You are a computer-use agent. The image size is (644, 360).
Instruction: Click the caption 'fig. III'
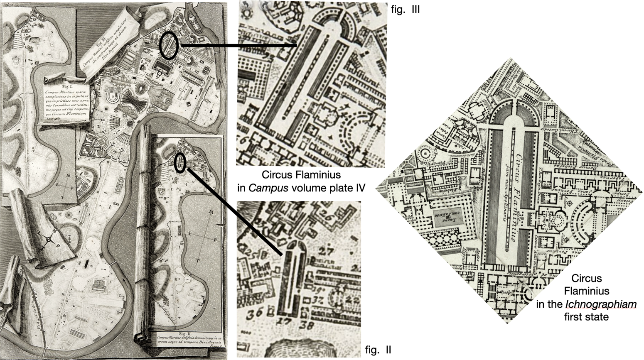point(406,9)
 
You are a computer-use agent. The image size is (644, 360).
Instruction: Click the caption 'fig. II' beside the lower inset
point(378,350)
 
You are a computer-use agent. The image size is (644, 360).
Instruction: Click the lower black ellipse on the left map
point(180,162)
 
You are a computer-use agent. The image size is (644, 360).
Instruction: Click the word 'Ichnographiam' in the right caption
point(601,305)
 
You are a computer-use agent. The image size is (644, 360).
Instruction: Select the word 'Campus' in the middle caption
point(263,188)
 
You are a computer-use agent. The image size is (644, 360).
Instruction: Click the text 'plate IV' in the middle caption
point(350,188)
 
